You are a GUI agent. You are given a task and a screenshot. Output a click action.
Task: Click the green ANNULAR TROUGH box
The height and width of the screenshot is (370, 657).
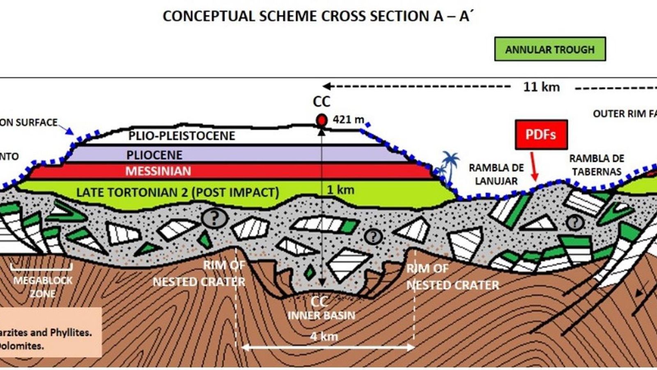click(550, 49)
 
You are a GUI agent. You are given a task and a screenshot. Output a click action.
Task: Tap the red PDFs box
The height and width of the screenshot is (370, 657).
click(541, 134)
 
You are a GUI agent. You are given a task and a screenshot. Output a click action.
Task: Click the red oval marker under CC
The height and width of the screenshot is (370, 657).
click(322, 120)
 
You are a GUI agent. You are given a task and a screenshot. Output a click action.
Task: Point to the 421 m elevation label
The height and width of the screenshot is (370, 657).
click(348, 119)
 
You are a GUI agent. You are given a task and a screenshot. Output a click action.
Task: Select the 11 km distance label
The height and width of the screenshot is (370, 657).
click(541, 87)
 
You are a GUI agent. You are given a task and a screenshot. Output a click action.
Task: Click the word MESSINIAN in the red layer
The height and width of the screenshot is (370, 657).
click(158, 171)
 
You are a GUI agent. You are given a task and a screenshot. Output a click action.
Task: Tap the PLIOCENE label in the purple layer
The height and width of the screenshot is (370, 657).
click(154, 155)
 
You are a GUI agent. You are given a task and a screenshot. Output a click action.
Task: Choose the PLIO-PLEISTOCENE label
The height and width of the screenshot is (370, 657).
click(181, 136)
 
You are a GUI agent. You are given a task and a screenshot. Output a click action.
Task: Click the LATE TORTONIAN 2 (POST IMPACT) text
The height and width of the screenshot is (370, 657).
click(177, 192)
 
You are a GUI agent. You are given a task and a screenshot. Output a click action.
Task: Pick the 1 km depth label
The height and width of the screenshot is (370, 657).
click(340, 190)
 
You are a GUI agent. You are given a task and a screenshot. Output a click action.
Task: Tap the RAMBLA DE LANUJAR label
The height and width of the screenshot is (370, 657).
click(496, 174)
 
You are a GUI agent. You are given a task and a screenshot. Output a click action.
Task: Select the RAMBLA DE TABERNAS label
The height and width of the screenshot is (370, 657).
click(596, 165)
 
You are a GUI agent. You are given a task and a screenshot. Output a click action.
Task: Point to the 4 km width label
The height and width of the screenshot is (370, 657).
click(324, 336)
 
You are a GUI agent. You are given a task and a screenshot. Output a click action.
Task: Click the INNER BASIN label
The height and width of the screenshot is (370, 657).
click(321, 315)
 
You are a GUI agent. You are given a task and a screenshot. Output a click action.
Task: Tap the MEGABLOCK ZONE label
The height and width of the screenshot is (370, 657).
click(43, 287)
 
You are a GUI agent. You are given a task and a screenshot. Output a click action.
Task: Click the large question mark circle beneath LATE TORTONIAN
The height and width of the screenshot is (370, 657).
click(214, 218)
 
